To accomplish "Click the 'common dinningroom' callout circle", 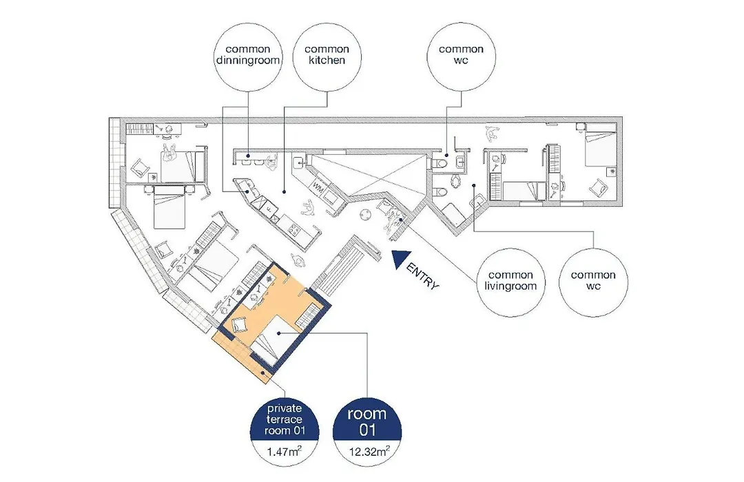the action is pyautogui.click(x=248, y=57).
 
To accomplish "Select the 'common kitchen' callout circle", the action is pyautogui.click(x=327, y=57).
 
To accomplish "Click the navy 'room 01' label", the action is pyautogui.click(x=367, y=421).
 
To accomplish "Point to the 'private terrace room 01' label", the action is pyautogui.click(x=285, y=420).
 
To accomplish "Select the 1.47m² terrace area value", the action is pyautogui.click(x=285, y=451).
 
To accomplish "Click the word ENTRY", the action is pyautogui.click(x=423, y=277).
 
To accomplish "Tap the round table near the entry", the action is pyautogui.click(x=365, y=214).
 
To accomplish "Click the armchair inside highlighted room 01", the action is pyautogui.click(x=239, y=326).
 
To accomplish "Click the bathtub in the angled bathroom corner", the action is pyautogui.click(x=455, y=216).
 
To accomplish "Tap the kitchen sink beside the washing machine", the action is pyautogui.click(x=299, y=163).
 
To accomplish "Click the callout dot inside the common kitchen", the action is pyautogui.click(x=284, y=192).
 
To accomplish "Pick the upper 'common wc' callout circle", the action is pyautogui.click(x=461, y=57).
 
